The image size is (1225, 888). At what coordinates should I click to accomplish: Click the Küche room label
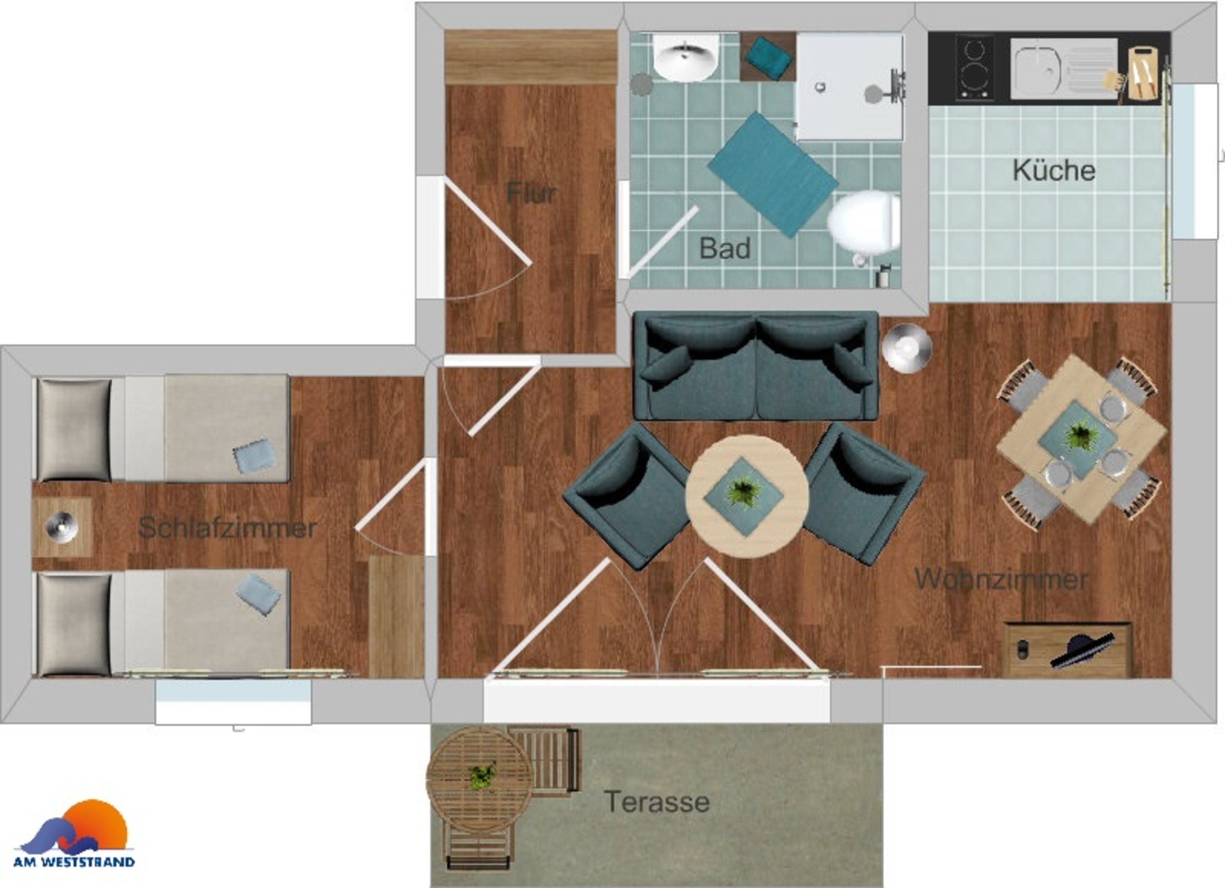[x=1053, y=170]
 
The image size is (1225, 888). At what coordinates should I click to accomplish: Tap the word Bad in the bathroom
[x=725, y=248]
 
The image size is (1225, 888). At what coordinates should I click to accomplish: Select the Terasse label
[x=657, y=801]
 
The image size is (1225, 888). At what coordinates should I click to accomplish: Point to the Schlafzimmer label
[x=228, y=527]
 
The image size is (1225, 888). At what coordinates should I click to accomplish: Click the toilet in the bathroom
[x=864, y=224]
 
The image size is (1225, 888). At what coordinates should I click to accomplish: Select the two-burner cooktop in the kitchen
[x=975, y=68]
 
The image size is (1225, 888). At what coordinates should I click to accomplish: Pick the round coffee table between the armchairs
[x=747, y=495]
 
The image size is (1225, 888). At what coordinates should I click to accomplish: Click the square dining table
[x=1081, y=439]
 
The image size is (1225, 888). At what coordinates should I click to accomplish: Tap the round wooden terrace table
[x=481, y=780]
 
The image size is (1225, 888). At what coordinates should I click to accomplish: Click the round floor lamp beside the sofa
[x=906, y=348]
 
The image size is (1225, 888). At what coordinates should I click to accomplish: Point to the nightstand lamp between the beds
[x=61, y=526]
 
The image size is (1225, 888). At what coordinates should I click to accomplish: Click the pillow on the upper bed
[x=74, y=429]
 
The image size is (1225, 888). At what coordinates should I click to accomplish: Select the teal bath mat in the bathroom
[x=773, y=174]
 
